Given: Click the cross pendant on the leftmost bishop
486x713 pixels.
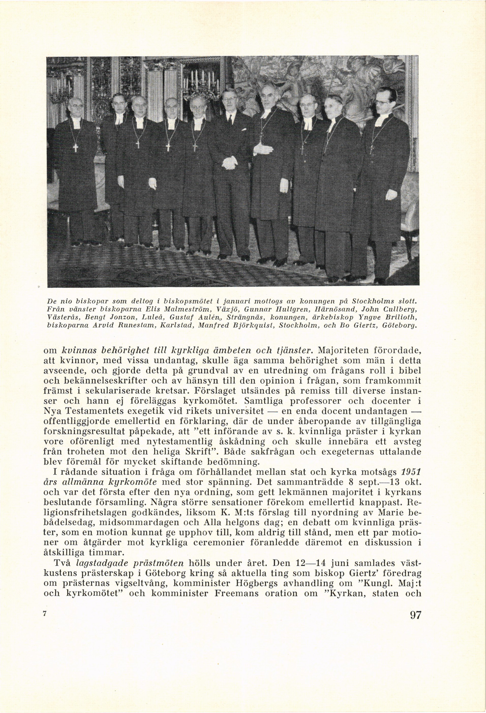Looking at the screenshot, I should coord(75,148).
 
